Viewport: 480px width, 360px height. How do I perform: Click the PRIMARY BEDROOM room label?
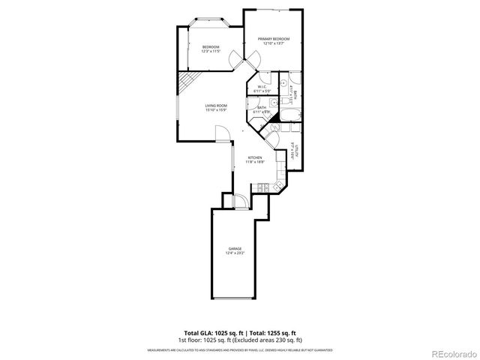point(274,39)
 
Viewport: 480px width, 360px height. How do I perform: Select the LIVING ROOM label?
point(216,106)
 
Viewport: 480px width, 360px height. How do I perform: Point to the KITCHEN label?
point(255,157)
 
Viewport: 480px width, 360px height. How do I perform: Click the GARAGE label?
point(235,249)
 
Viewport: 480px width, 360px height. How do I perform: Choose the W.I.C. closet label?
point(262,87)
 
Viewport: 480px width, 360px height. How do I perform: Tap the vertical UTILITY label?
point(297,148)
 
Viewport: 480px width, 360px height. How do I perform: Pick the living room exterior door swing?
point(223,133)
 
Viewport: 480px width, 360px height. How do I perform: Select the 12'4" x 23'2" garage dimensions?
point(235,253)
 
